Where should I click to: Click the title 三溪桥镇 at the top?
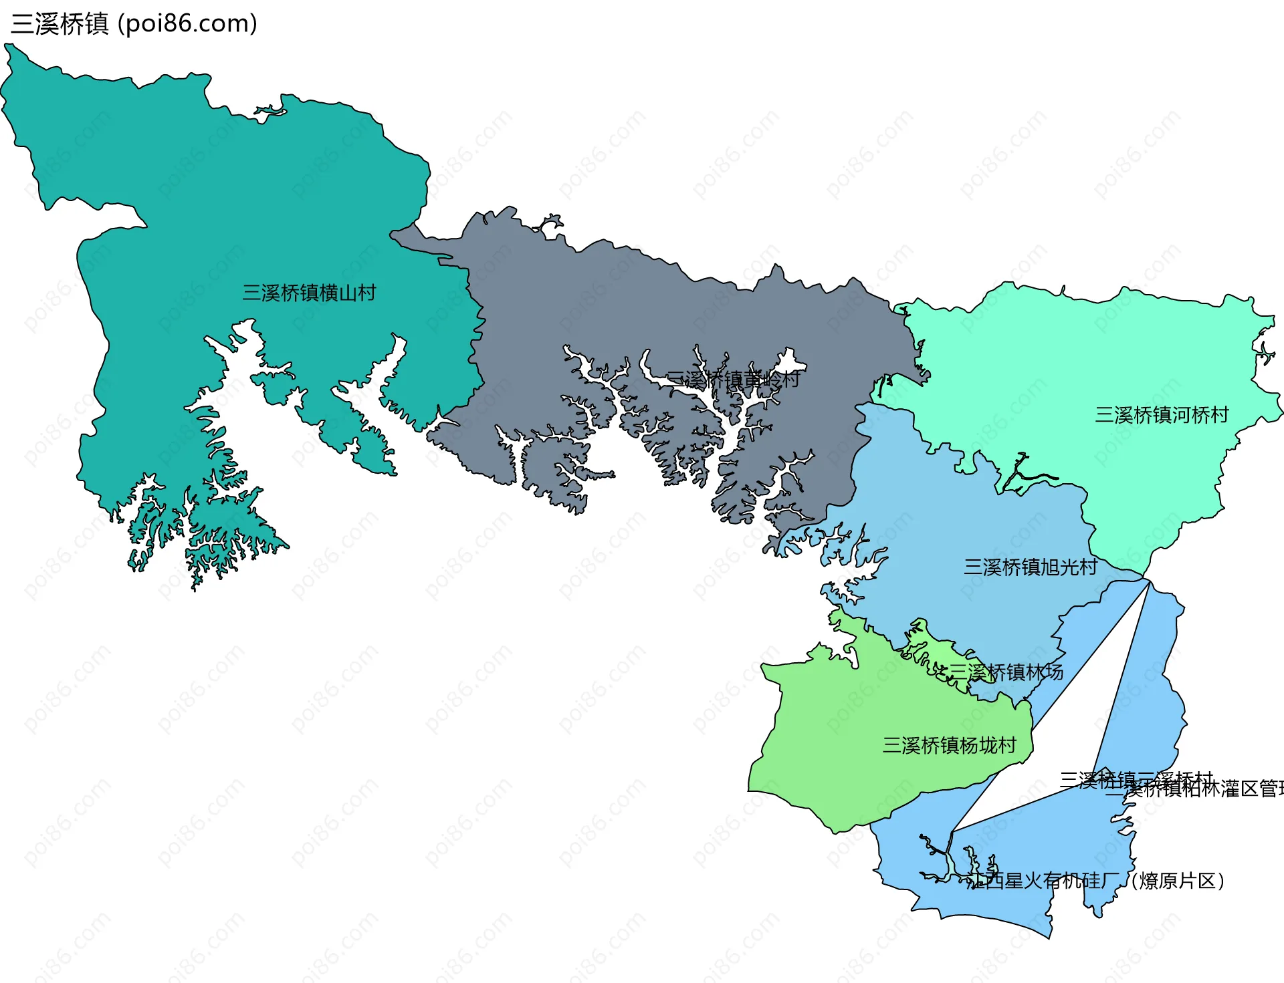(59, 24)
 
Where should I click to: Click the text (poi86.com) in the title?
(187, 24)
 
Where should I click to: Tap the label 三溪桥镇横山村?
(309, 293)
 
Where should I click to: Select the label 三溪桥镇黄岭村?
(733, 380)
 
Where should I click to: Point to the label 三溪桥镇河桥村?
(1162, 415)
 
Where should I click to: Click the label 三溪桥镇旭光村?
(1031, 567)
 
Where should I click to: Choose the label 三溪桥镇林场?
(1006, 672)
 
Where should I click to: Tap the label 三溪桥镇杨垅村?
(950, 745)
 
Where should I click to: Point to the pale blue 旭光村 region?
(970, 521)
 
